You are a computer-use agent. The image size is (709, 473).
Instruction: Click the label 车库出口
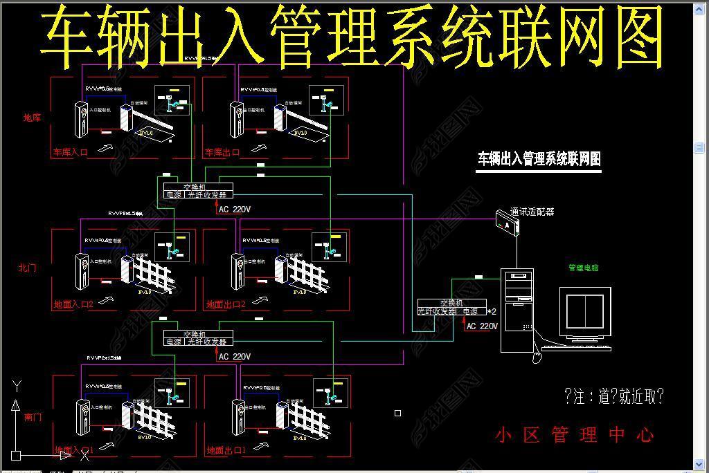coord(222,152)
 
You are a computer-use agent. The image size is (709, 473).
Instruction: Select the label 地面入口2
coord(73,304)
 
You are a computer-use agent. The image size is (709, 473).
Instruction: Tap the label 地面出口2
coord(226,304)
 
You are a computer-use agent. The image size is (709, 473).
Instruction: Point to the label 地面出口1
coord(226,451)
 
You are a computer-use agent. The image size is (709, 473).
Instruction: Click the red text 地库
coord(32,118)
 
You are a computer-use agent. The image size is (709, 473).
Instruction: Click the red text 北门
coord(27,268)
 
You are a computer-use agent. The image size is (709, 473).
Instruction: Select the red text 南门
coord(33,417)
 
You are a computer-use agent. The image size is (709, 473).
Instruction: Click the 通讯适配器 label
coord(532,212)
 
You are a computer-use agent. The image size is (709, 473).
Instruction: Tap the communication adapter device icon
coord(507,223)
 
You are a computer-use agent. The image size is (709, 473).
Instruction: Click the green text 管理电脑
coord(583,268)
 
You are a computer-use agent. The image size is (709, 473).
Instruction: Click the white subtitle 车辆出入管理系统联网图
coord(539,159)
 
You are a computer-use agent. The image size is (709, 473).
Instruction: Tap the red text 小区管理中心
coord(574,435)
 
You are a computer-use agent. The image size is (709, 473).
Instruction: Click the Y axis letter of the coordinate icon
coord(17,386)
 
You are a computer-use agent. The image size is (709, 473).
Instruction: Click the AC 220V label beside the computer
coord(482,326)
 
